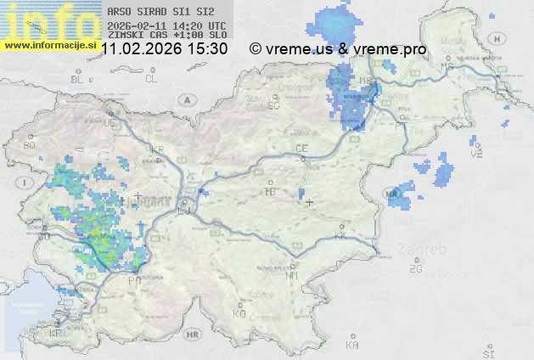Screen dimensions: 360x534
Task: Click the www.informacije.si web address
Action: coord(48,44)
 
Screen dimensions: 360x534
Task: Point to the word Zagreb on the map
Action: coord(427,250)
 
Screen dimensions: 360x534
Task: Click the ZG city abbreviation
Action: coord(415,269)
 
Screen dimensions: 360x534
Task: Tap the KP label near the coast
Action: coord(55,333)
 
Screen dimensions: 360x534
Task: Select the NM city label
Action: coord(293,275)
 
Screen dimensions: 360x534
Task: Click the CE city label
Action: coord(301,149)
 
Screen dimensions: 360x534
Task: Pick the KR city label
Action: coord(156,149)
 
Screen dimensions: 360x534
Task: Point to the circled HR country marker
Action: coord(192,335)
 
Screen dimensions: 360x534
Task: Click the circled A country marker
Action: coord(185,99)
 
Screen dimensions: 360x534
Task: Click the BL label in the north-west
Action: coord(79,79)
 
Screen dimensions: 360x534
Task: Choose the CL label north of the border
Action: coord(151,79)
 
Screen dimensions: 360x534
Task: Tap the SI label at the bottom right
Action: coord(487,352)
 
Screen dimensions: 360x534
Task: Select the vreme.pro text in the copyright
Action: coord(392,49)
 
